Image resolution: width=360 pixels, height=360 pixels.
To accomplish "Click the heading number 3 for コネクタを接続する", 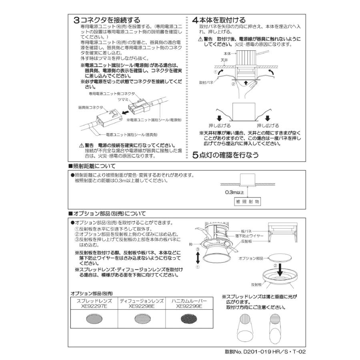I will [76, 20].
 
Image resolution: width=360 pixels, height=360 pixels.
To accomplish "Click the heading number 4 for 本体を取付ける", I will [195, 20].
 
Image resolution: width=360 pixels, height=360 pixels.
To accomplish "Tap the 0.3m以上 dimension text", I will [234, 192].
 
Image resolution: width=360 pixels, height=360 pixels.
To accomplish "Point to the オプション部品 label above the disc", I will [250, 259].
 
